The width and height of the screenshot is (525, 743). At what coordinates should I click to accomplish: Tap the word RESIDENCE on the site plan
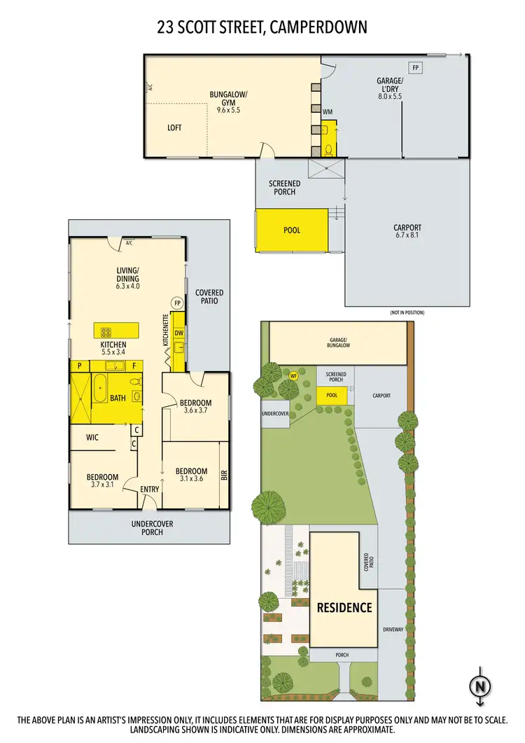(345, 606)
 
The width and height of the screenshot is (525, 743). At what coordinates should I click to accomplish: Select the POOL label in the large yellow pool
(292, 230)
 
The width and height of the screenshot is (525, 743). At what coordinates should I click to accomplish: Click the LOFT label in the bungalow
(175, 127)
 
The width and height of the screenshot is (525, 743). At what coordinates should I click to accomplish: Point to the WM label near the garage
(328, 112)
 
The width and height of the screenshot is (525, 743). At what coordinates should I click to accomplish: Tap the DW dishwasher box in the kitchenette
(178, 333)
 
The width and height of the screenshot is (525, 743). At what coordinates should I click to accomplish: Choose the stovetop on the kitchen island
(107, 332)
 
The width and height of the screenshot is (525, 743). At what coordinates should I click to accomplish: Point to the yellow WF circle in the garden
(294, 375)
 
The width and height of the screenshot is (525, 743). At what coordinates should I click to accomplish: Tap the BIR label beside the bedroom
(224, 474)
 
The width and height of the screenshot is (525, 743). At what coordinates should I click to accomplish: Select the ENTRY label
(150, 489)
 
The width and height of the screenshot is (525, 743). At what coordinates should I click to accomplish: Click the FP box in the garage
(416, 67)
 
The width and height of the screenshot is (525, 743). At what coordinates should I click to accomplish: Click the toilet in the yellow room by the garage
(329, 148)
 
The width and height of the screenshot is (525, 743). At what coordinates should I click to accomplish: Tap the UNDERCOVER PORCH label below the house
(152, 528)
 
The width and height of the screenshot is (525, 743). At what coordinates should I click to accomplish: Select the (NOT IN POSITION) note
(407, 312)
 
